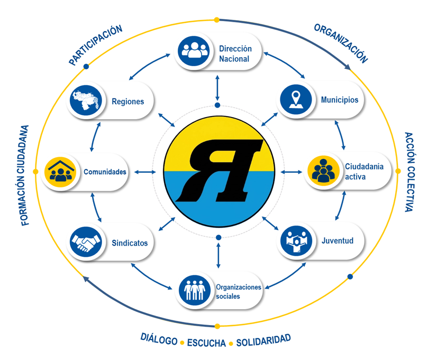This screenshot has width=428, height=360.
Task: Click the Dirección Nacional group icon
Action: (x=194, y=51)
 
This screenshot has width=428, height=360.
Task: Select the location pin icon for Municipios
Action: (x=296, y=100)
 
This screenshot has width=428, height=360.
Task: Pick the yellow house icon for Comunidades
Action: (x=60, y=172)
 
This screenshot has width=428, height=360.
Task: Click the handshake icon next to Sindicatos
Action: (x=86, y=242)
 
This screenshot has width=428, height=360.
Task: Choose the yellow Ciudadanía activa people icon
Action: (x=323, y=170)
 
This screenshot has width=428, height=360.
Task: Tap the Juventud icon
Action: (x=296, y=240)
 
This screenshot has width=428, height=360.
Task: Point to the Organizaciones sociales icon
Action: (x=195, y=290)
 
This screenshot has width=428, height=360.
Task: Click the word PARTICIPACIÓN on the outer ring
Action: (x=96, y=45)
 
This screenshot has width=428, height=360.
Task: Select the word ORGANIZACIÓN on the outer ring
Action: (x=341, y=43)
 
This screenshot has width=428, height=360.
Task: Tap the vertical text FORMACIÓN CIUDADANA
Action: (x=25, y=175)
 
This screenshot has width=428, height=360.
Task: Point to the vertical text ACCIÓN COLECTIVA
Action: (x=409, y=172)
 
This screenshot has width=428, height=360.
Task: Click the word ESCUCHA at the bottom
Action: (x=206, y=343)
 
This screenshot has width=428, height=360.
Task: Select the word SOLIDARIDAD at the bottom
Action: (x=263, y=340)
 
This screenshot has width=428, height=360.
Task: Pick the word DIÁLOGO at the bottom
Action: (x=159, y=339)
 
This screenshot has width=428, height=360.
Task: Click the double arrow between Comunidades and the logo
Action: (x=145, y=172)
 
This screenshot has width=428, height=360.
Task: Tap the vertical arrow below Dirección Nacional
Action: (x=217, y=88)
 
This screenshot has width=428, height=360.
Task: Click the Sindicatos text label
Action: (x=130, y=243)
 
